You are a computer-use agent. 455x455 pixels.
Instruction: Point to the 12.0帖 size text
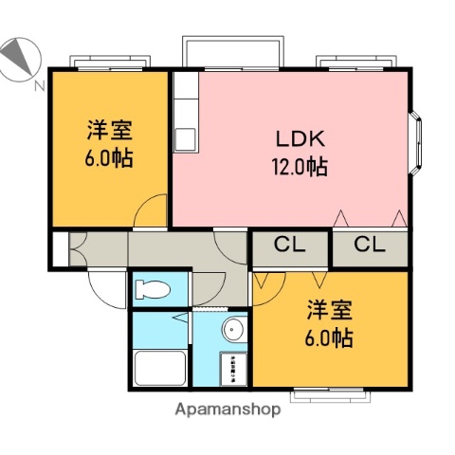[300, 168]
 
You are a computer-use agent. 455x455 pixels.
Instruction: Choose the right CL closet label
[370, 246]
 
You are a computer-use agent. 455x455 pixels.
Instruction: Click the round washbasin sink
[233, 330]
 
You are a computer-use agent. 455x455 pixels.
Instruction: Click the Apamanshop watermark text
[227, 410]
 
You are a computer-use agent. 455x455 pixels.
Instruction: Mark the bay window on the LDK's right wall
[417, 142]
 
